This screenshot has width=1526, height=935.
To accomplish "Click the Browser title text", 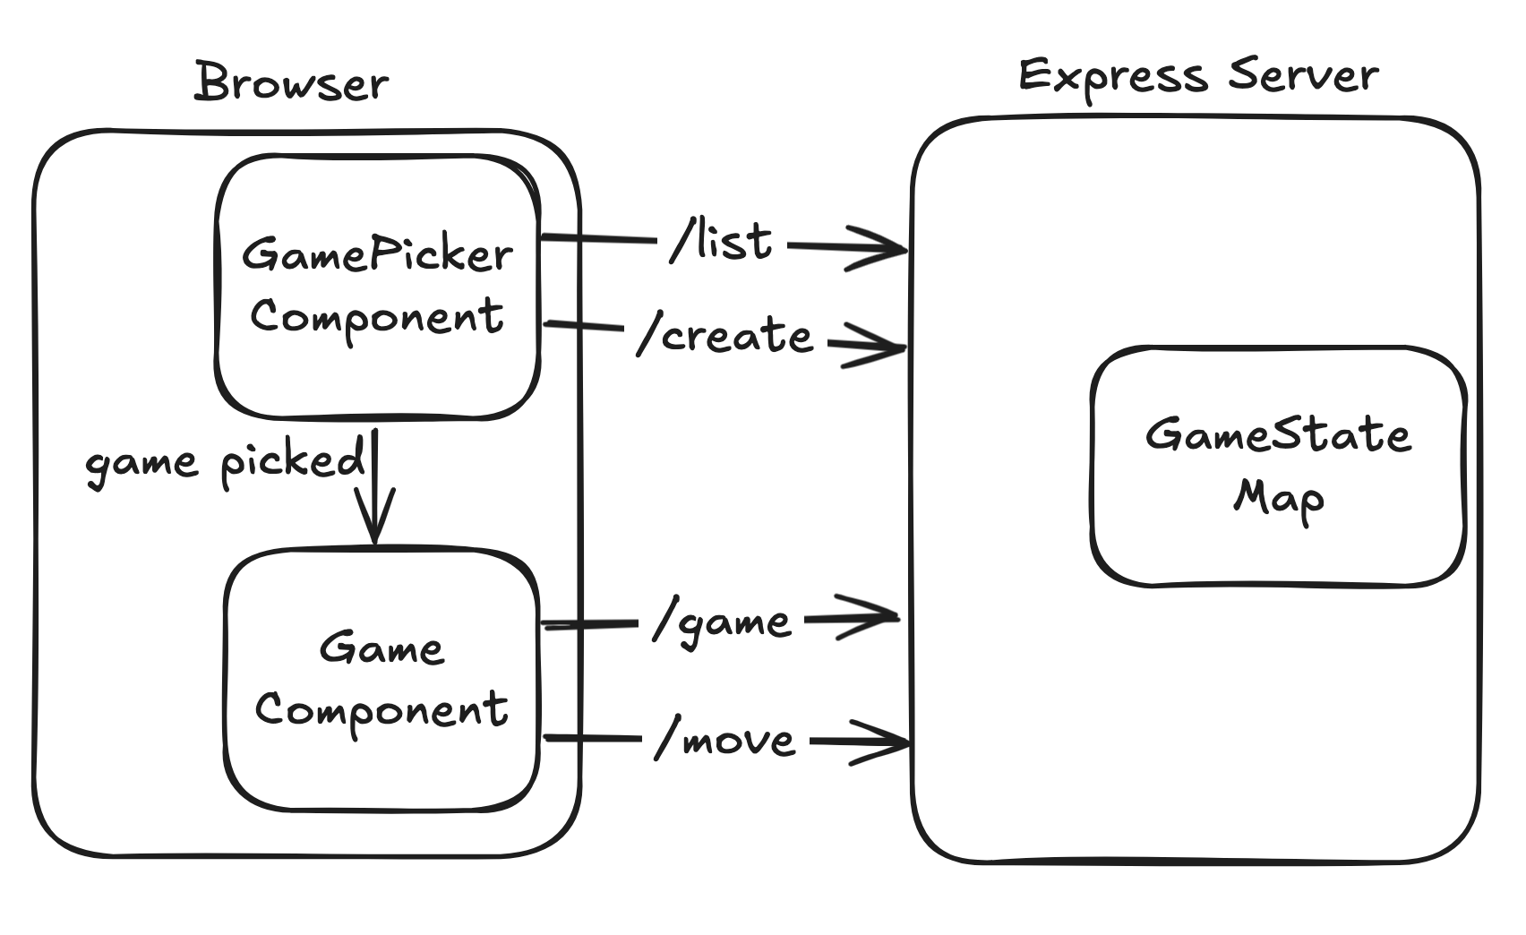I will coord(291,82).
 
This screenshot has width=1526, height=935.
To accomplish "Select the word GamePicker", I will coord(377,255).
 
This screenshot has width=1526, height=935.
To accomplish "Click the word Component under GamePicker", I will coord(377,317).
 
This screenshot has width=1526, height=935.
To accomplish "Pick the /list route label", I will coord(722,242).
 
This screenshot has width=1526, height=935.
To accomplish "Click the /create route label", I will coord(725,336).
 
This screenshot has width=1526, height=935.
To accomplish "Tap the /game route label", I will coord(723,622).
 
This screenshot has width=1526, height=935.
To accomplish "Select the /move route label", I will coord(725,741).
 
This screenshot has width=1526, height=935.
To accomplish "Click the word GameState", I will coord(1278,435).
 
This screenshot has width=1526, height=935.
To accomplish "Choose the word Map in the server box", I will coord(1278,498).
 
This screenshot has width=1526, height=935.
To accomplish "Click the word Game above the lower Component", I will coord(381,648).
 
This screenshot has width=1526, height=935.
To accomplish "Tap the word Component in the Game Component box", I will coord(381,710).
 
